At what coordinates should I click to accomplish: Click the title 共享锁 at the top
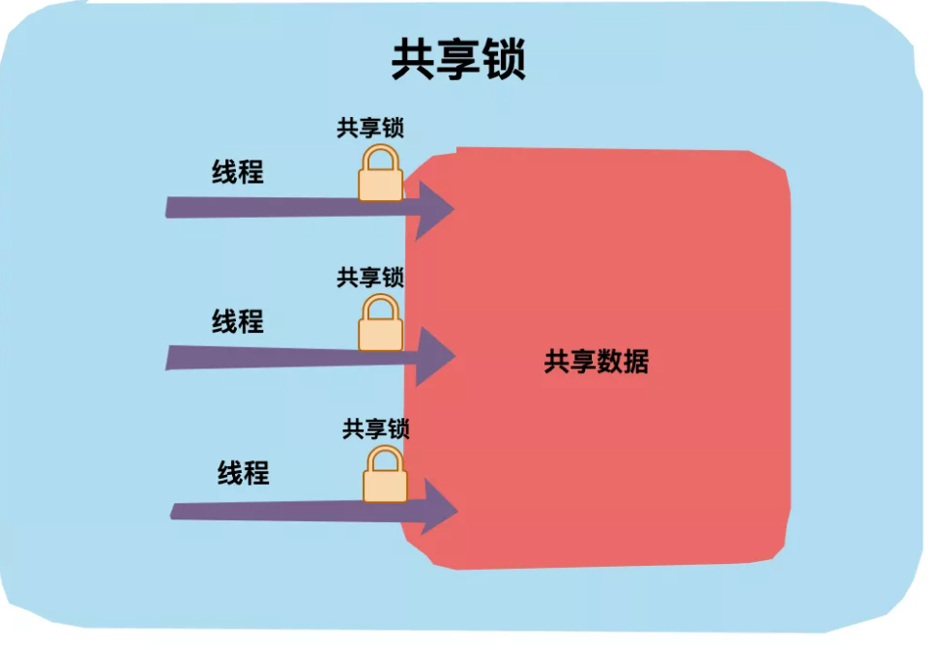click(x=458, y=61)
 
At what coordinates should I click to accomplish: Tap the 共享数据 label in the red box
click(x=596, y=362)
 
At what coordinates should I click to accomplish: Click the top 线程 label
click(x=238, y=172)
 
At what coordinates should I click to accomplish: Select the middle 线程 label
click(x=238, y=321)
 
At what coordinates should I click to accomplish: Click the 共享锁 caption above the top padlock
click(x=370, y=128)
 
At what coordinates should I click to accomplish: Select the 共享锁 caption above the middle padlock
click(x=370, y=278)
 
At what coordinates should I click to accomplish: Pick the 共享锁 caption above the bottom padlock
click(x=376, y=428)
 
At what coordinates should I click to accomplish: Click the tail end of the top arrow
click(x=171, y=207)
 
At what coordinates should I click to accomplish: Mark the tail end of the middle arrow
click(x=171, y=357)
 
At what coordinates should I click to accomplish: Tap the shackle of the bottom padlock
click(x=385, y=458)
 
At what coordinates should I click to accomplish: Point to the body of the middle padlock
click(x=380, y=334)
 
